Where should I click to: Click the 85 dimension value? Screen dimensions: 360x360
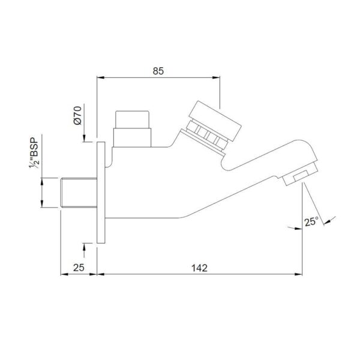pyautogui.click(x=158, y=71)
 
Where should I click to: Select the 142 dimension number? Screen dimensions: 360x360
pyautogui.click(x=199, y=268)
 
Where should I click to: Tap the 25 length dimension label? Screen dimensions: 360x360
pyautogui.click(x=79, y=268)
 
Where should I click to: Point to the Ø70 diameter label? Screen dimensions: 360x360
pyautogui.click(x=77, y=115)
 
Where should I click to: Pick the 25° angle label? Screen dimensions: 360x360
pyautogui.click(x=312, y=222)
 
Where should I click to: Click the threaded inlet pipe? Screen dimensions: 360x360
pyautogui.click(x=79, y=193)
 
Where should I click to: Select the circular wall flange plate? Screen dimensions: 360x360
pyautogui.click(x=101, y=193)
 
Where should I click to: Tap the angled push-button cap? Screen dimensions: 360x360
pyautogui.click(x=215, y=121)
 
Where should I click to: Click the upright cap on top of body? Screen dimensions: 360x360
pyautogui.click(x=132, y=129)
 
